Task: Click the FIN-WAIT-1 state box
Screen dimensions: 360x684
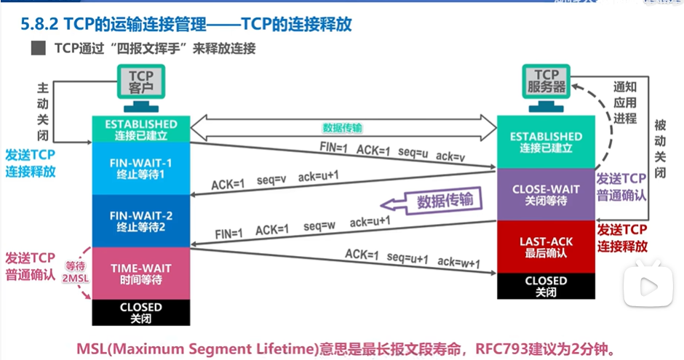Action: point(140,168)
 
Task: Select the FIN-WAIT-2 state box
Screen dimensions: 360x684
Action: point(140,220)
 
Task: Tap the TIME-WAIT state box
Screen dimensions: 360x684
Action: point(140,273)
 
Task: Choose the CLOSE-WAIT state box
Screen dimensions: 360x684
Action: point(546,194)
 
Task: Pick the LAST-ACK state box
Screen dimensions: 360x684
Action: point(546,246)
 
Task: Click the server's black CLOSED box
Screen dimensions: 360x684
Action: point(546,285)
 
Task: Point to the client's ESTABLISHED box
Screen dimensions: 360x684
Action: point(140,129)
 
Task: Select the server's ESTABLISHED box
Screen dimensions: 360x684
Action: point(546,142)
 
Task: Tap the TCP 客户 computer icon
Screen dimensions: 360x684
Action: point(141,85)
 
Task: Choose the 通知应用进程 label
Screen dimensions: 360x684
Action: point(624,103)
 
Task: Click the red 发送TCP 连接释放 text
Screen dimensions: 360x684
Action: point(622,239)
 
